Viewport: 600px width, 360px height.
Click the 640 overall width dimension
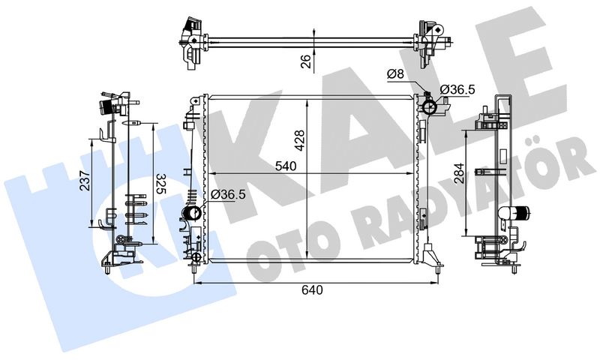tap(312, 290)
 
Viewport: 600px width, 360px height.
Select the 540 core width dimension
tap(286, 166)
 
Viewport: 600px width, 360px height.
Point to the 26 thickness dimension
tap(306, 61)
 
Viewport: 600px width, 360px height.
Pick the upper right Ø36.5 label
tap(457, 89)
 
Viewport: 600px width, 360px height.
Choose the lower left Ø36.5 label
tap(228, 194)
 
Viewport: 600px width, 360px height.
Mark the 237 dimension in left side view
tap(85, 181)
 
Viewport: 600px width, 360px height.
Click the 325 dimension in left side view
tap(162, 184)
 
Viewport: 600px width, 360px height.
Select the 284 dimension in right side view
tap(459, 173)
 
